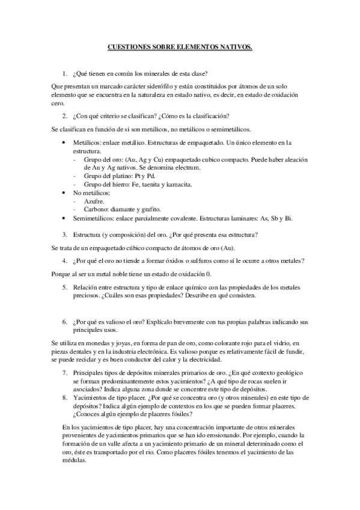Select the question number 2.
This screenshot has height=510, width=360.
tap(65, 115)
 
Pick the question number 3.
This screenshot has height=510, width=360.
tap(65, 234)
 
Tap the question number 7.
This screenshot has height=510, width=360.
tap(65, 373)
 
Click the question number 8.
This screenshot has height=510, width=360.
tap(65, 398)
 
